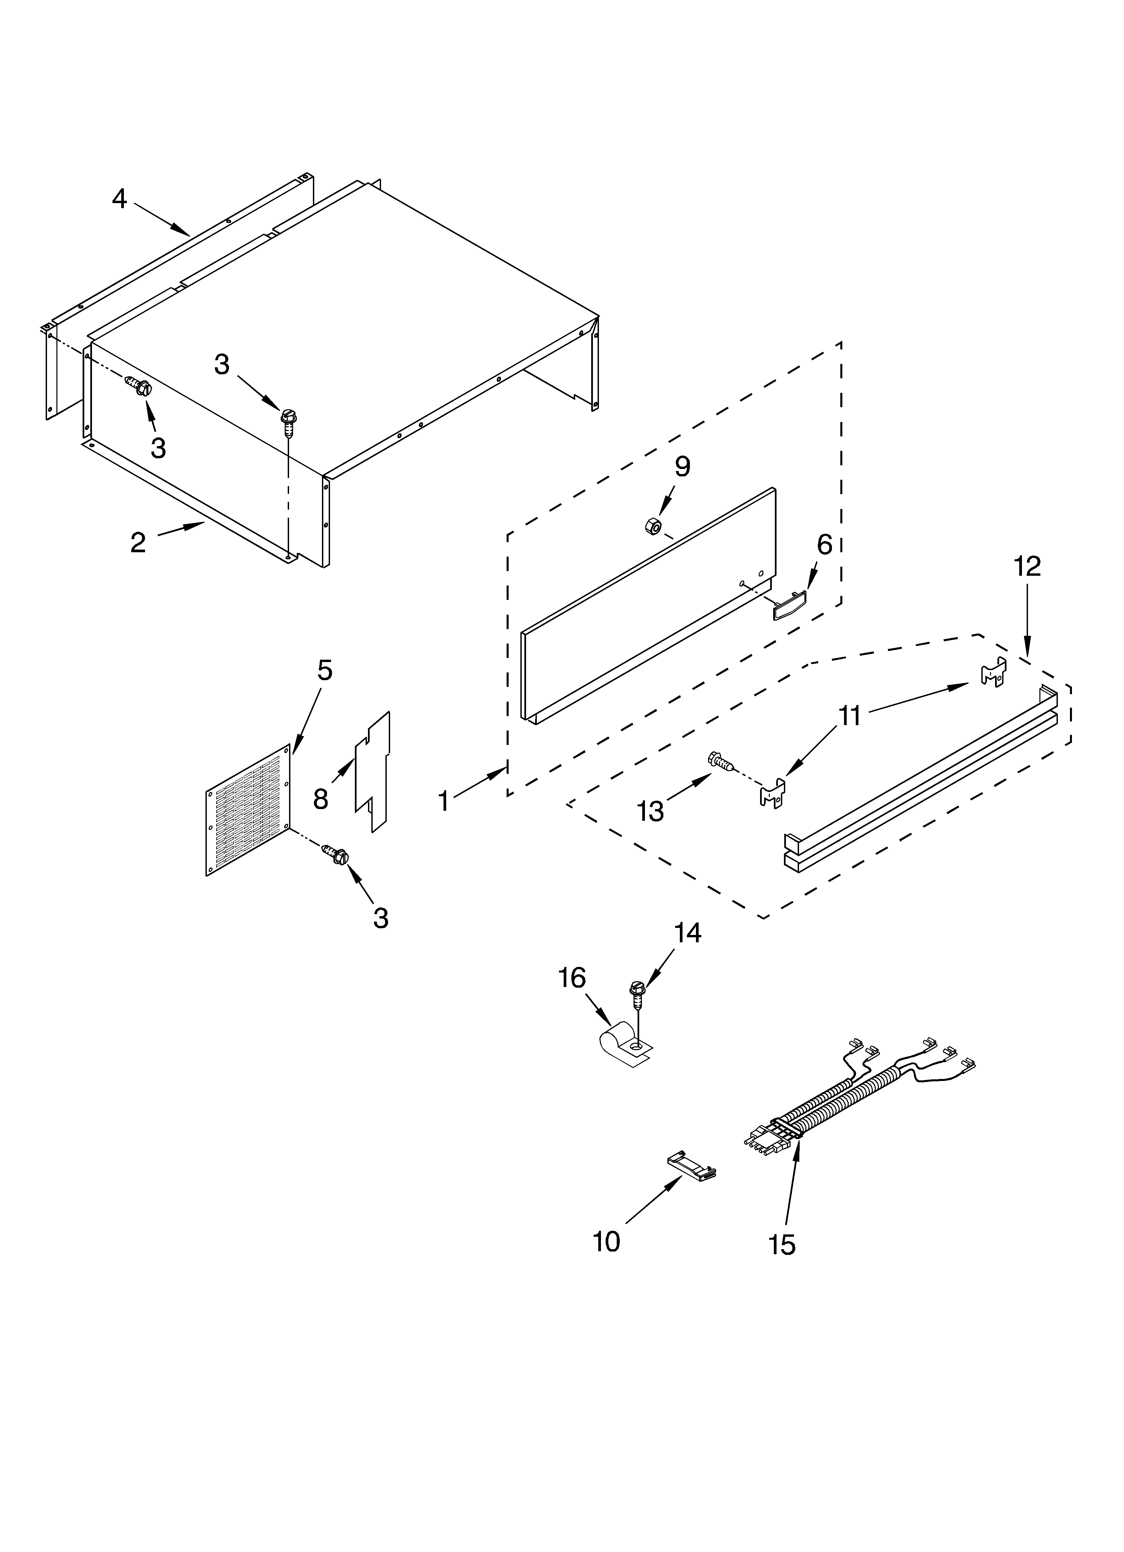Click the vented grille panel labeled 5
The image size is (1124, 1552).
pyautogui.click(x=248, y=811)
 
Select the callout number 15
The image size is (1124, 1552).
pyautogui.click(x=782, y=1244)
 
